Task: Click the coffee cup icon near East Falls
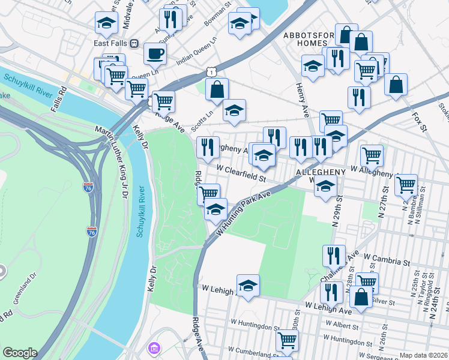[x=155, y=53]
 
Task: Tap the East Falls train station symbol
[x=134, y=43]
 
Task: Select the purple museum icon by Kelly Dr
[x=154, y=348]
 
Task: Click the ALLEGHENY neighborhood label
[x=321, y=172]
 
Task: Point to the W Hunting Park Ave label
[x=245, y=212]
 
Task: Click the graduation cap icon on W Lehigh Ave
[x=247, y=285]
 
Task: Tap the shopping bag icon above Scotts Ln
[x=217, y=89]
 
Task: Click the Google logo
[x=20, y=353]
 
